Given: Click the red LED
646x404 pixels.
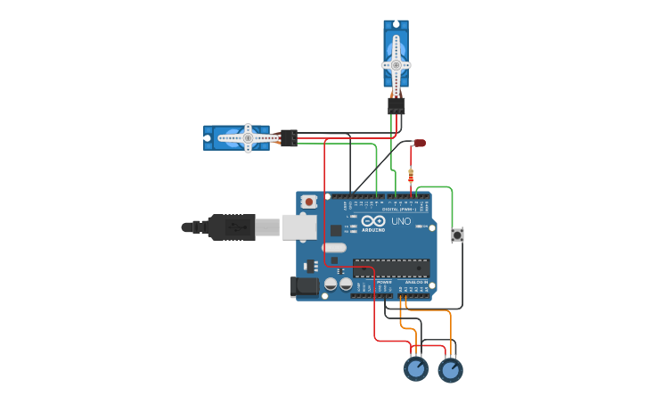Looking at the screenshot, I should coord(420,143).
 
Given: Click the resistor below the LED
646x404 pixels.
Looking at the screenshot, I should coord(411,173).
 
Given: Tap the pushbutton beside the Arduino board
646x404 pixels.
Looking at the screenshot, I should coord(458,235).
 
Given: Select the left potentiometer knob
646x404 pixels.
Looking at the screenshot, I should coord(416,368).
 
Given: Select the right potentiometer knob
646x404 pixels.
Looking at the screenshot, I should coord(450,368).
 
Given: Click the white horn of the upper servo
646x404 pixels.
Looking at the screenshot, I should coord(396,64).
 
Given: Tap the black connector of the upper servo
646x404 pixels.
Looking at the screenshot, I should coord(396,105).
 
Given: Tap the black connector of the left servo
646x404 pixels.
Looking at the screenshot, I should coord(289,138).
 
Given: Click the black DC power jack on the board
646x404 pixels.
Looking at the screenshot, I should coord(304,287).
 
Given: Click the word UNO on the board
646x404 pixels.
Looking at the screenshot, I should coord(401,221).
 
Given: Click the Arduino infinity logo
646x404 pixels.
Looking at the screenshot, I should coord(373,221).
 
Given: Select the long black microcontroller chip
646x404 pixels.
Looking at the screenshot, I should coord(391,268).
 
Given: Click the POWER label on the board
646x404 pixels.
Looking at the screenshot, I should coord(384,282).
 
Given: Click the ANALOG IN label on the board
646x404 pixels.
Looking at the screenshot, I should coord(416,282).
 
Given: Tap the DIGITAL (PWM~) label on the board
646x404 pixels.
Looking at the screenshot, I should coord(397,209).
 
